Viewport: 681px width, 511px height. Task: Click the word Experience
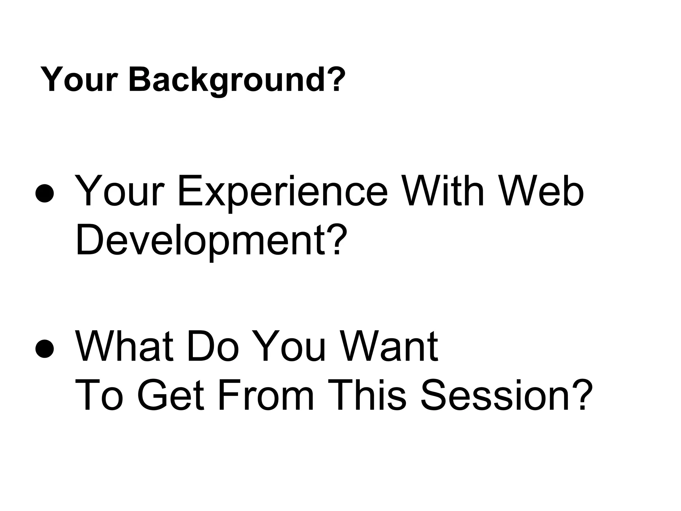coord(283,192)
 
